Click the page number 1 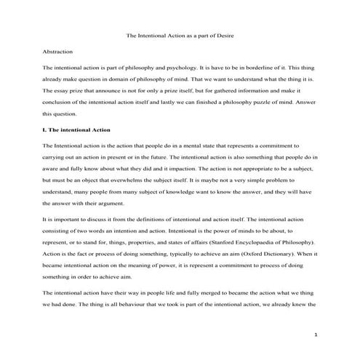(316, 335)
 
